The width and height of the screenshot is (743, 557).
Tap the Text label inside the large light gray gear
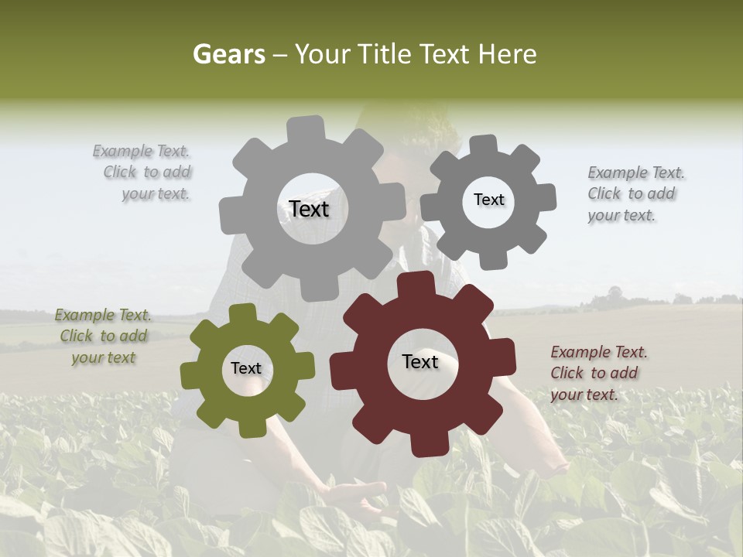[x=309, y=209]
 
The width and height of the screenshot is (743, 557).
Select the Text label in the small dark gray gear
[x=488, y=200]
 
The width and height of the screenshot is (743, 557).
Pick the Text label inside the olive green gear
[x=246, y=368]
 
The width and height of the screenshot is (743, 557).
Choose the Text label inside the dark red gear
[x=420, y=361]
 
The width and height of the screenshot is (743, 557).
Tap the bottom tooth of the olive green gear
[x=249, y=426]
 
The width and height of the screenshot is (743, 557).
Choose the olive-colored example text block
[x=103, y=336]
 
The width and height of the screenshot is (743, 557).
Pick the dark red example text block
[x=598, y=373]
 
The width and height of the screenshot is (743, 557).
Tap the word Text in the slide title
[x=443, y=54]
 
